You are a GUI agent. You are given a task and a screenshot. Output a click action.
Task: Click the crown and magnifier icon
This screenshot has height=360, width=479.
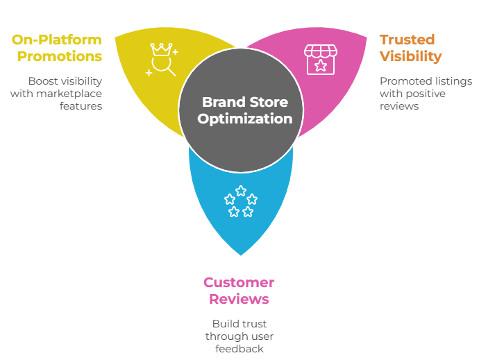(x=162, y=60)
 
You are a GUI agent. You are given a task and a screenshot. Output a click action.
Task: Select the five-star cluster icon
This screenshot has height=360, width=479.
(x=240, y=201)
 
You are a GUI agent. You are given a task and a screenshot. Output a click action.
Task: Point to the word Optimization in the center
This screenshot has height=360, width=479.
(x=244, y=119)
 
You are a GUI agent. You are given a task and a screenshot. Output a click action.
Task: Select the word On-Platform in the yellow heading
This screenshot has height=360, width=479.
(x=57, y=40)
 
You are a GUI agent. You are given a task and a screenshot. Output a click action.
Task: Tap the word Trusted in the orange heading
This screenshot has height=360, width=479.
(x=407, y=40)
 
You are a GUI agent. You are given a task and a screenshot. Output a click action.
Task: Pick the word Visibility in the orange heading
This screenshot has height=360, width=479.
(x=411, y=56)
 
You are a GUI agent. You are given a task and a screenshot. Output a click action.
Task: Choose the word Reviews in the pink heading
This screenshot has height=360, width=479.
(x=239, y=299)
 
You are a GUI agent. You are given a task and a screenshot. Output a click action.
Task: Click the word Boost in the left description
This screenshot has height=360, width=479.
(x=43, y=81)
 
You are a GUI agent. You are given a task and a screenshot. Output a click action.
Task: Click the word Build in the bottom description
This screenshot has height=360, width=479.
(x=226, y=324)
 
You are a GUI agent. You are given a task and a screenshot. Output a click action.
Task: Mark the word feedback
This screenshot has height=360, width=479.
(x=240, y=349)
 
